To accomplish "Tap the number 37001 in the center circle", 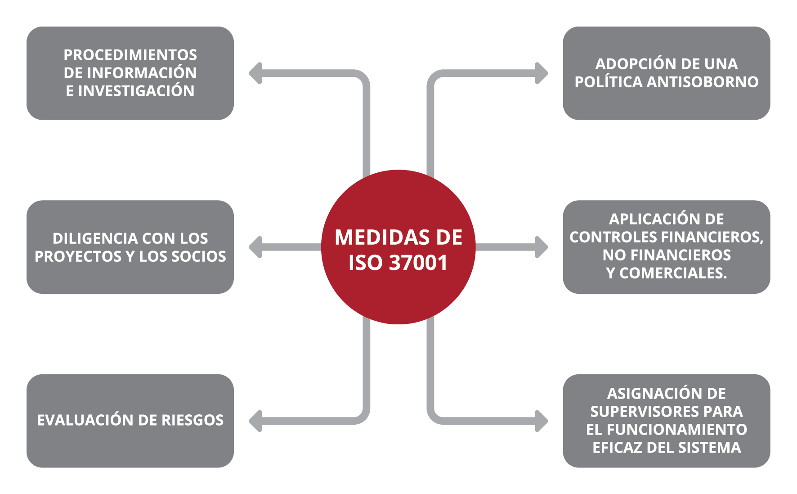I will click(x=418, y=263).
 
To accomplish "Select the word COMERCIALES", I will click(x=673, y=273).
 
